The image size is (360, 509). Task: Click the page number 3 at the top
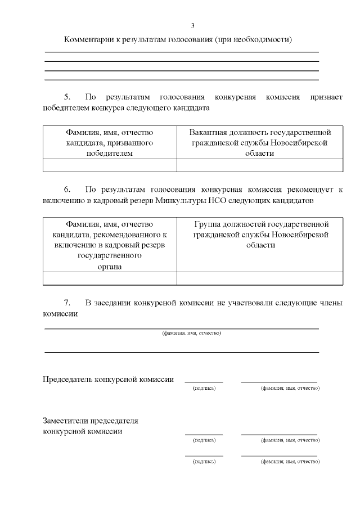click(192, 26)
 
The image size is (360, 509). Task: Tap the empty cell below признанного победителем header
click(110, 165)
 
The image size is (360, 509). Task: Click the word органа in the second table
click(110, 267)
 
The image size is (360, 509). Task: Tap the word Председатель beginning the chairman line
click(68, 379)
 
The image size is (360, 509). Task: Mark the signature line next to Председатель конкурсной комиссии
click(204, 382)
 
